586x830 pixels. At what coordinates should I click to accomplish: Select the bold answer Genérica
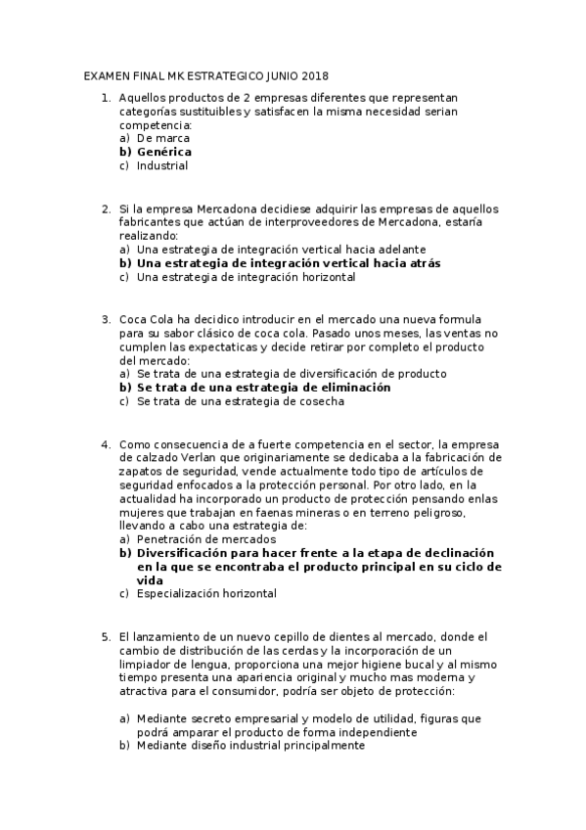163,152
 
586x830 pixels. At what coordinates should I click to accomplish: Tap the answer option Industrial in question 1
162,165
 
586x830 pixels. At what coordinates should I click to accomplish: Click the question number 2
106,208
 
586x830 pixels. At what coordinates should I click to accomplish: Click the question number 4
106,444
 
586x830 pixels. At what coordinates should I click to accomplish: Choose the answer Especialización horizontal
205,593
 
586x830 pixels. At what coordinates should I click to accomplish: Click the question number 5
106,636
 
